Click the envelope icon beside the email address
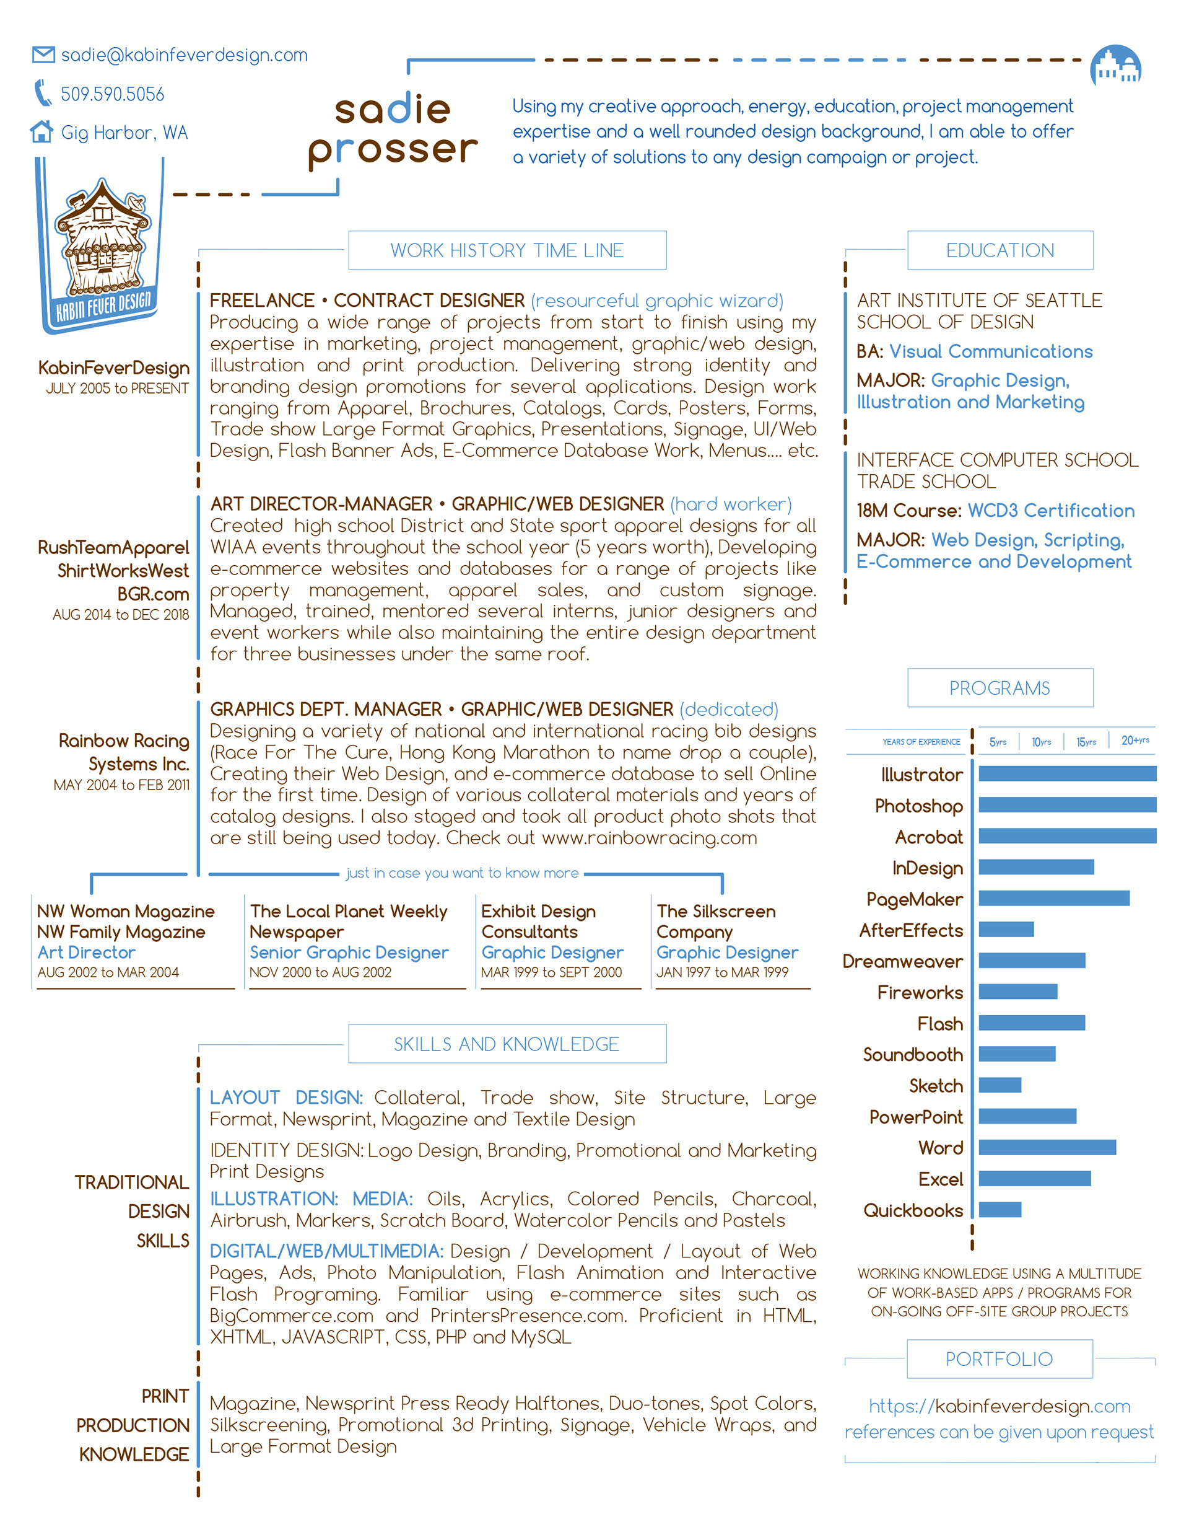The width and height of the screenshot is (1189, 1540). coord(43,55)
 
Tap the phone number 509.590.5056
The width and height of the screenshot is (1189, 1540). coord(112,94)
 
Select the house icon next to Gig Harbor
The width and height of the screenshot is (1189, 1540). coord(41,131)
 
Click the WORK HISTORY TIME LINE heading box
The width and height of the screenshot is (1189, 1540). coord(507,250)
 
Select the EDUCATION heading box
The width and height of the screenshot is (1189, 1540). coord(1000,250)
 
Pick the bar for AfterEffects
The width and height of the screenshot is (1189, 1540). coord(1006,930)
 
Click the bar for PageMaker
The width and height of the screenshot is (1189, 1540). coord(1053,899)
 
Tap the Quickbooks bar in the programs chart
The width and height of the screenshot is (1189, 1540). coord(1000,1209)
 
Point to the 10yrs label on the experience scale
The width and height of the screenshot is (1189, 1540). coord(1041,742)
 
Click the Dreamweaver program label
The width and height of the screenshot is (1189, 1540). coord(902,961)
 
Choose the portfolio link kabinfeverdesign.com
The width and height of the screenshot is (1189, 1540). coord(999,1406)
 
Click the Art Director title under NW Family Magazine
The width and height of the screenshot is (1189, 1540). coord(86,952)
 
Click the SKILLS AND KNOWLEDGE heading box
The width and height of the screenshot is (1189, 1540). coord(507,1044)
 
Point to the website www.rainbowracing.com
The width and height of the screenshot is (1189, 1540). coord(649,838)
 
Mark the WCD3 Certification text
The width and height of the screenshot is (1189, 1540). coord(1051,511)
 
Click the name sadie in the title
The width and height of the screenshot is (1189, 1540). coord(392,109)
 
